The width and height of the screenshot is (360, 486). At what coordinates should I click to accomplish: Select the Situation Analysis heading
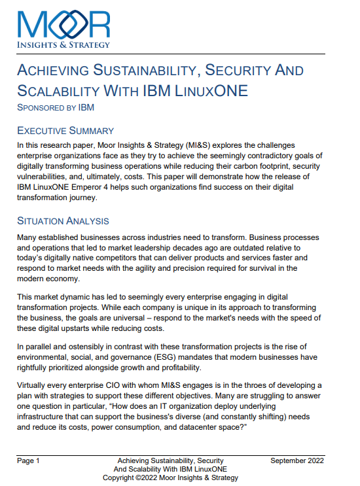[x=63, y=220]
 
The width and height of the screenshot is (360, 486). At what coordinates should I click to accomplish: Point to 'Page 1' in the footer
[x=29, y=461]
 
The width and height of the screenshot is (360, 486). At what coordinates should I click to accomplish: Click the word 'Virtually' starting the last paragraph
[x=35, y=385]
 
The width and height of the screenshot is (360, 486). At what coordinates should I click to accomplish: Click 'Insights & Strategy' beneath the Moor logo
[x=64, y=44]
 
